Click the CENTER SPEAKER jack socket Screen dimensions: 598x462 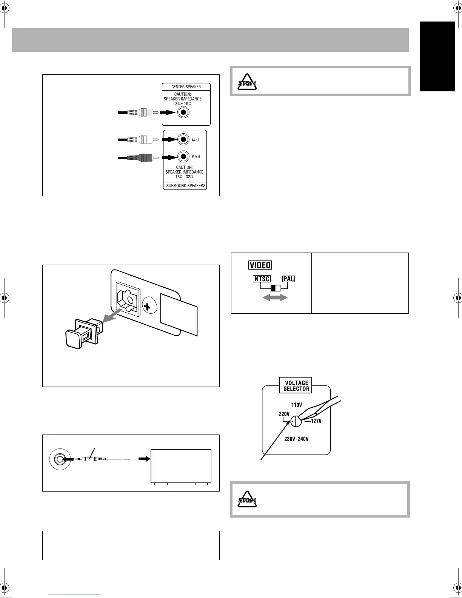pyautogui.click(x=183, y=112)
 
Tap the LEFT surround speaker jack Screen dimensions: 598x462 pyautogui.click(x=183, y=139)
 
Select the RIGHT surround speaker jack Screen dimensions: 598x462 pyautogui.click(x=183, y=156)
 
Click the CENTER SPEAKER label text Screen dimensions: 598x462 pyautogui.click(x=186, y=87)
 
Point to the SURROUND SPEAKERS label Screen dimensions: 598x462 pyautogui.click(x=186, y=186)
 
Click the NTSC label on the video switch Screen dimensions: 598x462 pyautogui.click(x=261, y=279)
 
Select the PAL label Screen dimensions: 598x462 pyautogui.click(x=289, y=279)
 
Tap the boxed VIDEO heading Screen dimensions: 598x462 pyautogui.click(x=260, y=265)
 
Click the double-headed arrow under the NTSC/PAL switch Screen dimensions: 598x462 pyautogui.click(x=276, y=298)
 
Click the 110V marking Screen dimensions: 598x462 pyautogui.click(x=296, y=405)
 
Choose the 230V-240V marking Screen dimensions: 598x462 pyautogui.click(x=296, y=439)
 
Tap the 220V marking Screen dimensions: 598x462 pyautogui.click(x=284, y=413)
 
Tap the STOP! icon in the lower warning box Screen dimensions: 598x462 pyautogui.click(x=247, y=499)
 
